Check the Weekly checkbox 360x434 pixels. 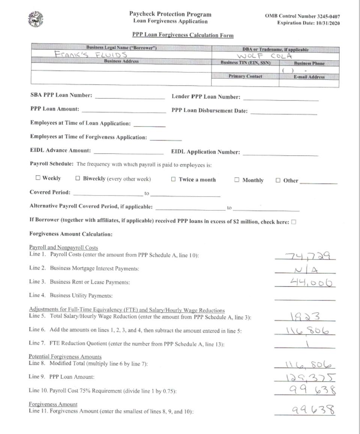tap(38, 178)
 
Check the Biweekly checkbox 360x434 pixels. tap(78, 179)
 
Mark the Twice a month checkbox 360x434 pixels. tap(173, 179)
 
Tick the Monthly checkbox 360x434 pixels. tap(237, 180)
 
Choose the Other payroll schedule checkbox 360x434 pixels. tap(278, 180)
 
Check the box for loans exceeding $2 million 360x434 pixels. tap(294, 222)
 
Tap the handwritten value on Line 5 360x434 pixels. tap(305, 317)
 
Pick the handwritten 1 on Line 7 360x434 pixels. tap(307, 344)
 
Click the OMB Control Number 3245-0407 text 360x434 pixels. tap(303, 16)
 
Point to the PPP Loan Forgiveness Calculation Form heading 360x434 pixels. tap(183, 35)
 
